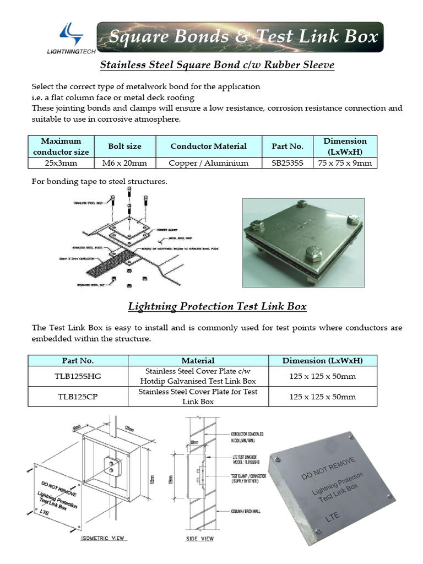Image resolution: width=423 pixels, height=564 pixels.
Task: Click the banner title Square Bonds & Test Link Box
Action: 243,37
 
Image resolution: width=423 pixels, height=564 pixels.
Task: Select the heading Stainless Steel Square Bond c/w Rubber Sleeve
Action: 216,65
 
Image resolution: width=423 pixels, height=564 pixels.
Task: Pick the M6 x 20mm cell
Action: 124,163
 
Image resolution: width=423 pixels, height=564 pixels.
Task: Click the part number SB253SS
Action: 288,163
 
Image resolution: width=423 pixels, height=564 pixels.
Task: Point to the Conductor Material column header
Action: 208,147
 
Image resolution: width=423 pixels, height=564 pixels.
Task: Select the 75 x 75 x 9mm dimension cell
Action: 345,163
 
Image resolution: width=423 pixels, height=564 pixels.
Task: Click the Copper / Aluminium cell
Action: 208,163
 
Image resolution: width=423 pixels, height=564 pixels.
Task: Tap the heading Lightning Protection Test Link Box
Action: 217,306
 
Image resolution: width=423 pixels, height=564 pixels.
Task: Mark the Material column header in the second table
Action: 198,361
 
